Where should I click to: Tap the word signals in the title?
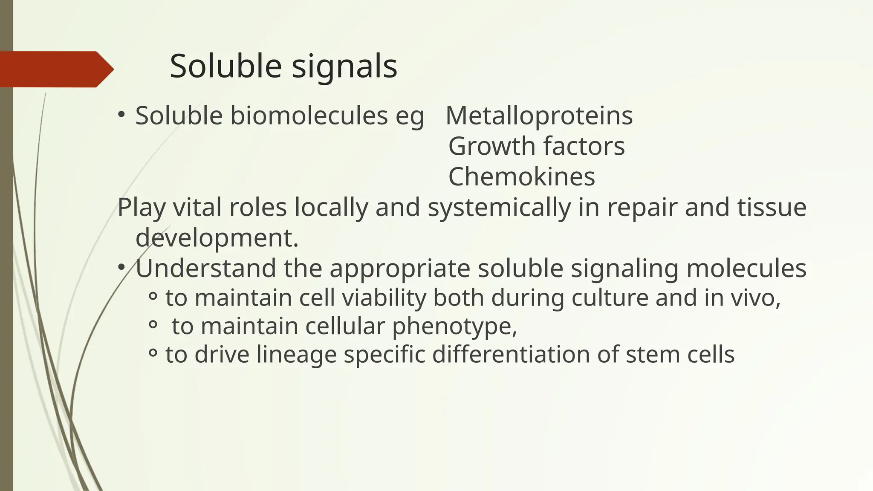[x=345, y=67]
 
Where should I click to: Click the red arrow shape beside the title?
[x=55, y=69]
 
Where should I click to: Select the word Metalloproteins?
[x=539, y=116]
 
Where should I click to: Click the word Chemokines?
[x=521, y=176]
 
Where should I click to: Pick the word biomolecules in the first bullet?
[x=309, y=116]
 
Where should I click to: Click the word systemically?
[x=499, y=208]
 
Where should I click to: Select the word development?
[x=217, y=238]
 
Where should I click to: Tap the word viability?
[x=384, y=298]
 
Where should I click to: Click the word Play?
[x=142, y=208]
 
